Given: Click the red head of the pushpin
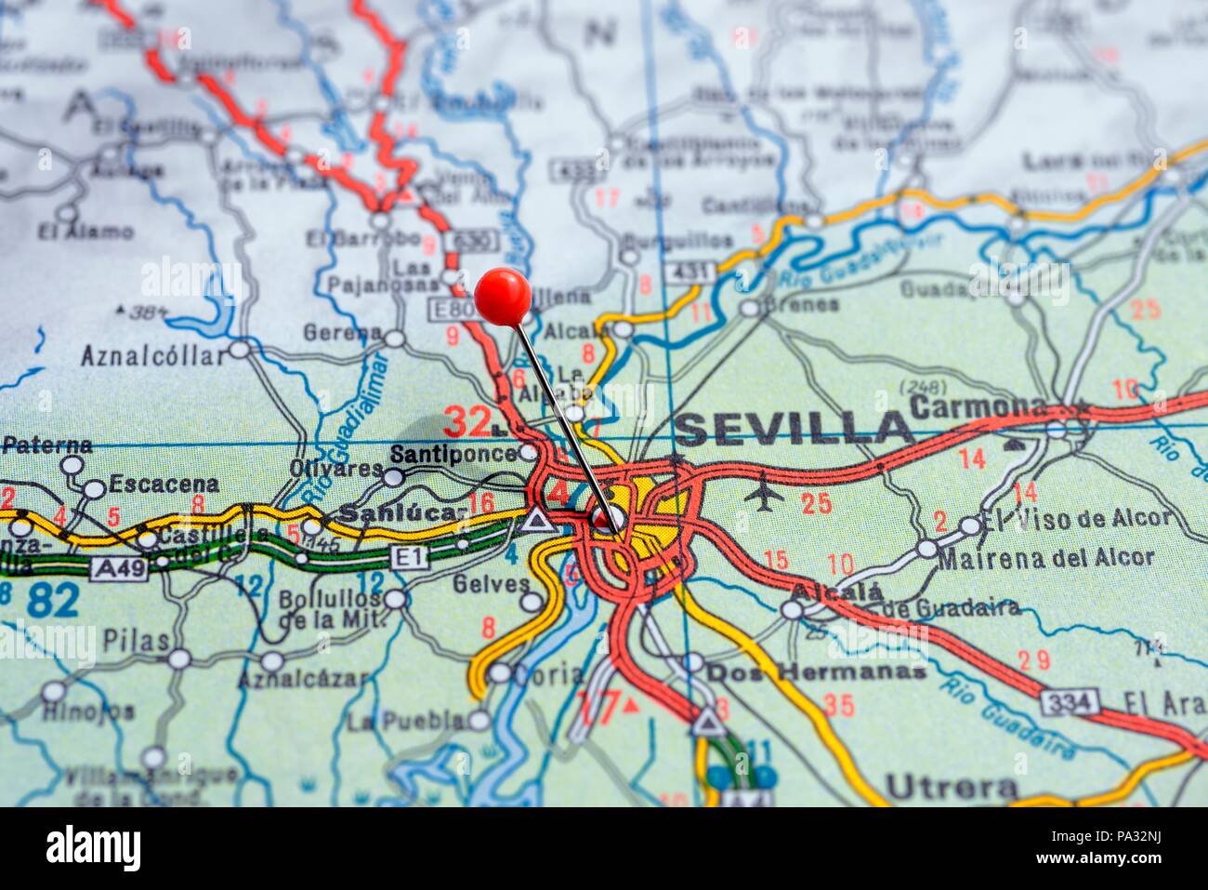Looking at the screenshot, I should pos(503,297).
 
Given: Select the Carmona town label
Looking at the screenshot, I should pos(978,406).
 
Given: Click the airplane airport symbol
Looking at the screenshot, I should pos(765,492).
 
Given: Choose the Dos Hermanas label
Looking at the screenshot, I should pos(817,671).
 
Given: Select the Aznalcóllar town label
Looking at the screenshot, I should pos(153,355).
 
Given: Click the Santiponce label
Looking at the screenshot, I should pos(453,454).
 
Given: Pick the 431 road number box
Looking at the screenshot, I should pos(689,272).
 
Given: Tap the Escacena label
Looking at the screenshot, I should pos(164,484).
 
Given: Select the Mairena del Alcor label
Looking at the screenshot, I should pos(1046,558).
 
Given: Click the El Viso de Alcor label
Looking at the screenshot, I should pos(1077,518).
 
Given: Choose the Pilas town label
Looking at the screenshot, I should pos(138,641).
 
